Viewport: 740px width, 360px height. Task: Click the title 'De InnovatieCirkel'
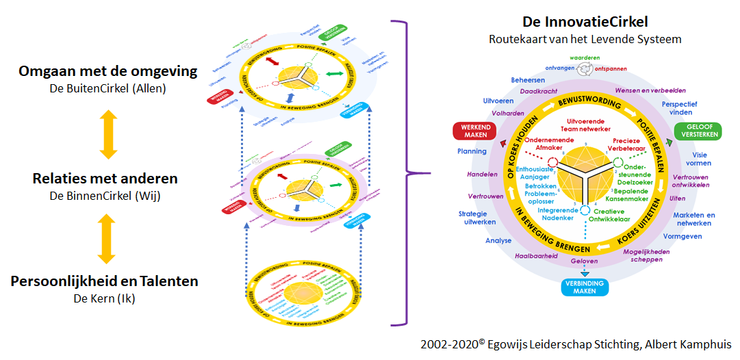click(x=585, y=22)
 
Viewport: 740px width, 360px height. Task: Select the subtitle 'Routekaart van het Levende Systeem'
click(x=585, y=39)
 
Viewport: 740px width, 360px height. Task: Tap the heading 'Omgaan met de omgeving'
click(x=107, y=71)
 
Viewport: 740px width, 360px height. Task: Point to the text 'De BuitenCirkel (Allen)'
click(x=107, y=88)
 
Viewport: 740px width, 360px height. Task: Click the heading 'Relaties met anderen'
click(x=105, y=179)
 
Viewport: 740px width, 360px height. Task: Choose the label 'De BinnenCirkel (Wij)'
click(x=105, y=195)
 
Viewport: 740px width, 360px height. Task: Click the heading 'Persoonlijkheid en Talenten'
click(x=105, y=281)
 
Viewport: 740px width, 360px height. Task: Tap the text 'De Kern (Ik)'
click(x=105, y=298)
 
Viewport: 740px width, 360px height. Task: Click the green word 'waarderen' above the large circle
click(x=583, y=59)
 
